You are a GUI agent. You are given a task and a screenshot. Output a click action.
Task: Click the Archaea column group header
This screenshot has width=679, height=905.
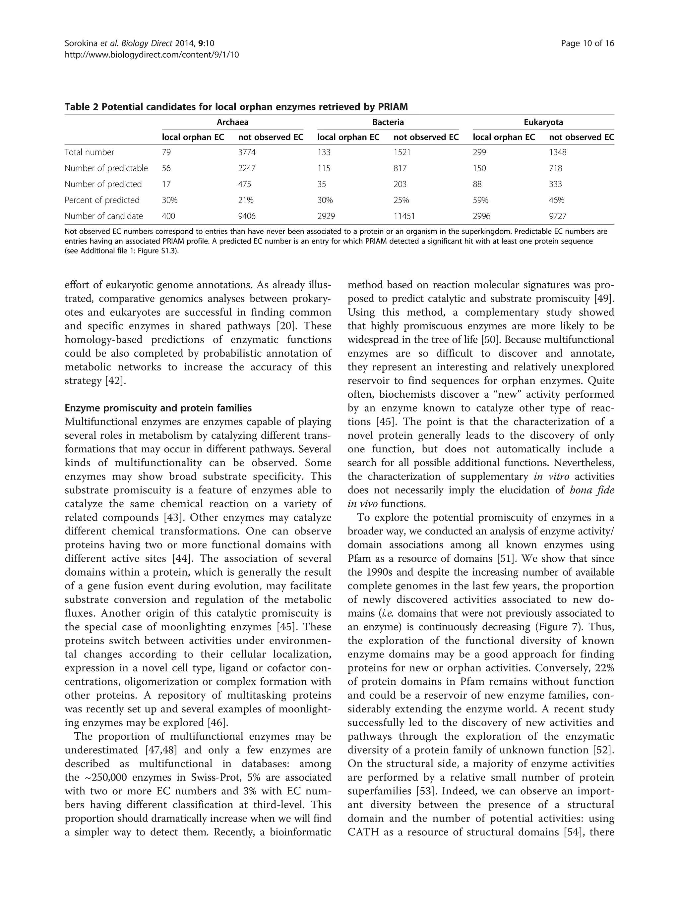pos(232,122)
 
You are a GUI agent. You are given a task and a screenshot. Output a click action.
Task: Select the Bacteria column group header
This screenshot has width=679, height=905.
pos(388,122)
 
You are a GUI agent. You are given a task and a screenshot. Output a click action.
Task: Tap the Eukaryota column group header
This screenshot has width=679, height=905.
pos(543,122)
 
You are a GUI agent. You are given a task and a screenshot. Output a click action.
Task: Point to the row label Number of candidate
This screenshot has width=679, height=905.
pos(103,216)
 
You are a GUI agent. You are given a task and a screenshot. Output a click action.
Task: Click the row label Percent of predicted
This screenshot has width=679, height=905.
pos(102,200)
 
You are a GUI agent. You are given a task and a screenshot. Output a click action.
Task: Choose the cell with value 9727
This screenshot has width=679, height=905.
pos(557,216)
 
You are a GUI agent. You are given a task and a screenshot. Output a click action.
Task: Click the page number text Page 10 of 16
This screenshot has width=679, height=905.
pos(587,44)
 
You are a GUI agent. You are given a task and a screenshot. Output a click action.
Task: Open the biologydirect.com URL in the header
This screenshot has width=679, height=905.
pos(152,54)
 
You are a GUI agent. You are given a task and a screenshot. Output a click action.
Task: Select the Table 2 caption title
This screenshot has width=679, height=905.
pos(236,107)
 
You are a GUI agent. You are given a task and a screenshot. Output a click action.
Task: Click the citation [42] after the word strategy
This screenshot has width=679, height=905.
pos(116,381)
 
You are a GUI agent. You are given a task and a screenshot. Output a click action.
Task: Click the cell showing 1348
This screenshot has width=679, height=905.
pos(557,152)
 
